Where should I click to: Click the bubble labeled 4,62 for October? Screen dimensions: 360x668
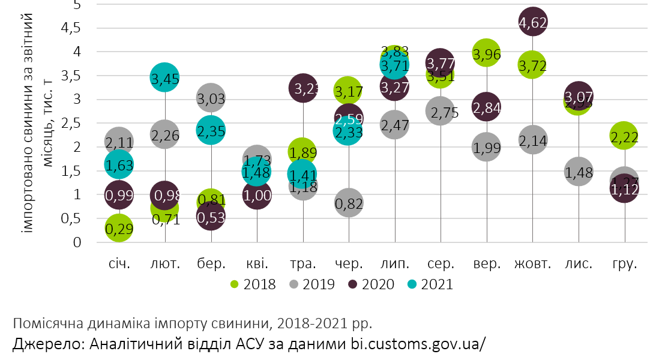pyautogui.click(x=532, y=23)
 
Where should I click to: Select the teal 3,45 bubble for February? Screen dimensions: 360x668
pyautogui.click(x=165, y=78)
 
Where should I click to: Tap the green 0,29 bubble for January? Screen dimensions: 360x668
pyautogui.click(x=119, y=229)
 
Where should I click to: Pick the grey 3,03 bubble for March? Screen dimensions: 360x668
pyautogui.click(x=211, y=98)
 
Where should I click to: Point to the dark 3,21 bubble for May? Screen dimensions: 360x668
pyautogui.click(x=303, y=89)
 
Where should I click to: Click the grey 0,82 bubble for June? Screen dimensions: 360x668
pyautogui.click(x=349, y=204)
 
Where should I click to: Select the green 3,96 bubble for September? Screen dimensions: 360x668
pyautogui.click(x=487, y=54)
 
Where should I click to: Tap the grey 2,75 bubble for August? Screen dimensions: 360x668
pyautogui.click(x=441, y=112)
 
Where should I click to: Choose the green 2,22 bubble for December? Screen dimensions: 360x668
pyautogui.click(x=625, y=136)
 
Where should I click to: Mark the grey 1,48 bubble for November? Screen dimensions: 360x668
pyautogui.click(x=579, y=172)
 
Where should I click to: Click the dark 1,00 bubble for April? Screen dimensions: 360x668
pyautogui.click(x=257, y=195)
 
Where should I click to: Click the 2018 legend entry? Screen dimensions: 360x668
pyautogui.click(x=253, y=284)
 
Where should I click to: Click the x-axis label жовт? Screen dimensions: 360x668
pyautogui.click(x=532, y=263)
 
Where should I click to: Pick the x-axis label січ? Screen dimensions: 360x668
pyautogui.click(x=119, y=263)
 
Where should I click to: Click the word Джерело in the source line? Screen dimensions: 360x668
pyautogui.click(x=48, y=344)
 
